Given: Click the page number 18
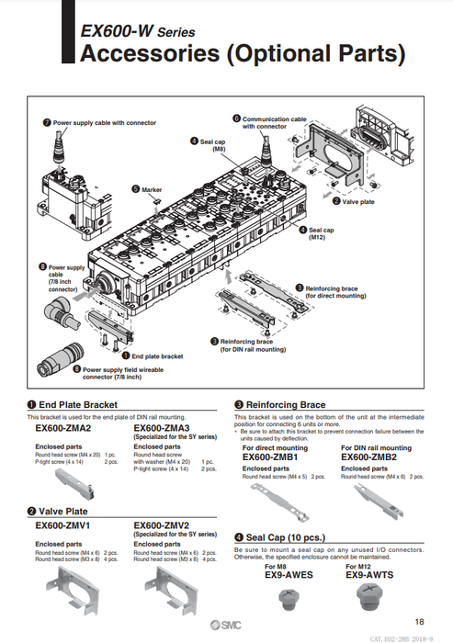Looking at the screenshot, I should [x=419, y=621].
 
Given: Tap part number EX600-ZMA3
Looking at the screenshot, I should [x=162, y=428].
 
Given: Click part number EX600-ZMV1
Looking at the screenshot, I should [x=62, y=525].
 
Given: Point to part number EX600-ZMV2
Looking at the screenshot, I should [x=162, y=525].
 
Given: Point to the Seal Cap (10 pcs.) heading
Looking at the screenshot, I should [x=285, y=537].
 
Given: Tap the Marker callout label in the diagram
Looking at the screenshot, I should [x=153, y=188].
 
